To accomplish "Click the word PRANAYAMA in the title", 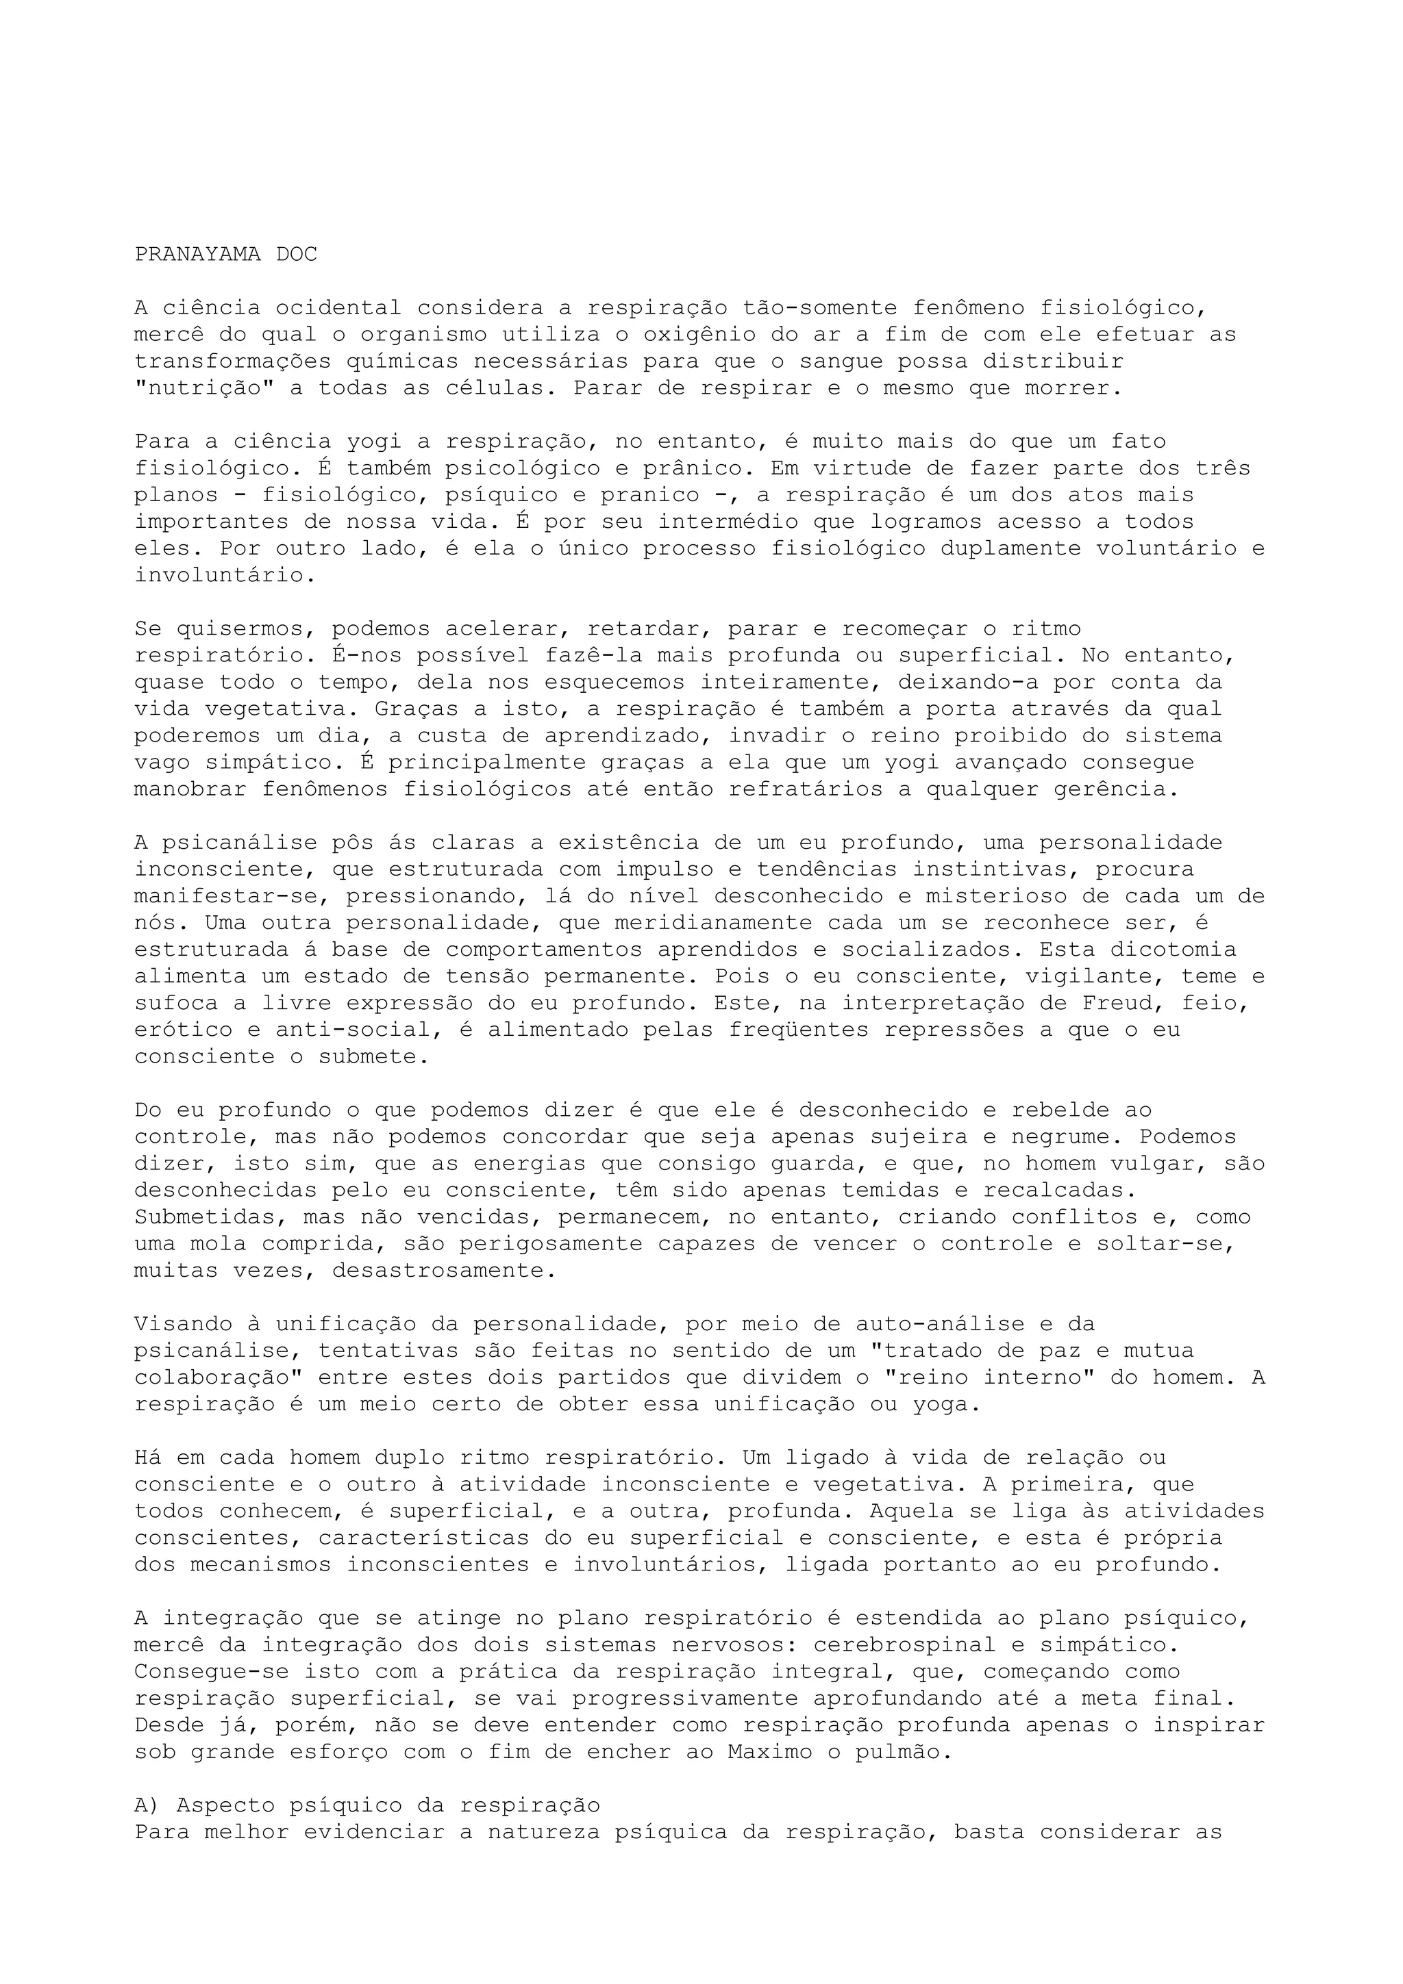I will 197,254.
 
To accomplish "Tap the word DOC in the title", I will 297,254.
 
